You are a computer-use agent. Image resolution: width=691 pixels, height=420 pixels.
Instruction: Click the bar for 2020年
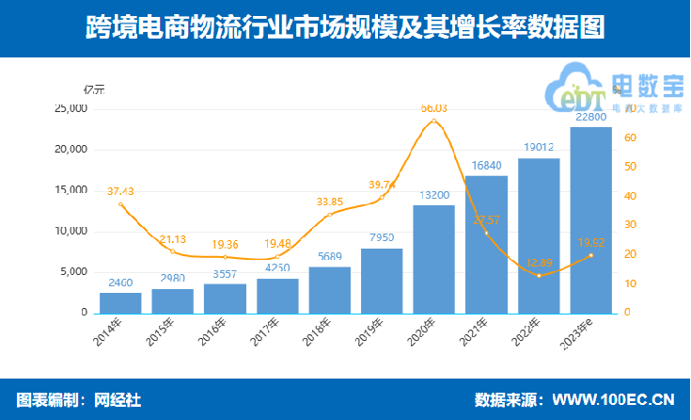coord(433,259)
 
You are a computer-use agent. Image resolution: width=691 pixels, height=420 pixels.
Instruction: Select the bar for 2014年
coord(120,302)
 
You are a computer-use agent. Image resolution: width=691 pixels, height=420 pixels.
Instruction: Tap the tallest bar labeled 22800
coord(590,219)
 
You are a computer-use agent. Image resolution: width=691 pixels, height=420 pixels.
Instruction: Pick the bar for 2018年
coord(329,289)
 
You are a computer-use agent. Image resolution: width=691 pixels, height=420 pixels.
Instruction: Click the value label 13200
coord(433,195)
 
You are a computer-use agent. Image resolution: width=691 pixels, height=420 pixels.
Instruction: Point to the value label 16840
coord(486,166)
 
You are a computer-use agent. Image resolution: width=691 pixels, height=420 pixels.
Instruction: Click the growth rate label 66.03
coord(433,108)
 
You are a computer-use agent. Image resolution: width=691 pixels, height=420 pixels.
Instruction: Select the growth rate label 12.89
coord(538,263)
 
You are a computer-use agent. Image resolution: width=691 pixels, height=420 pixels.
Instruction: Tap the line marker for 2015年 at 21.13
coord(173,251)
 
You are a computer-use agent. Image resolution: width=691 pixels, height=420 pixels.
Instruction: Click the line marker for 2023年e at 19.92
coord(590,255)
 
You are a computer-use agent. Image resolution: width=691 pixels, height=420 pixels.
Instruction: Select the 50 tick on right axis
coord(630,167)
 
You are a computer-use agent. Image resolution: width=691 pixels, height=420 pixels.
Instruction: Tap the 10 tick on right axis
coord(630,283)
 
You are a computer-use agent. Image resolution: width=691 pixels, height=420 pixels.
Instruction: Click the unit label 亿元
coord(93,90)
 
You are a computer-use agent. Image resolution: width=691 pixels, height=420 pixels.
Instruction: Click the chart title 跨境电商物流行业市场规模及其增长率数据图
coord(345,28)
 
